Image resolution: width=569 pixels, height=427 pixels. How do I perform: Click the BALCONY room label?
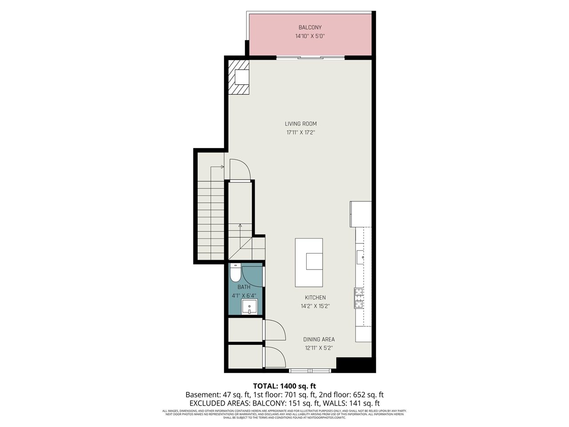point(310,28)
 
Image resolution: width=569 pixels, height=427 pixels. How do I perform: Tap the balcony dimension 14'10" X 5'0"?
point(310,36)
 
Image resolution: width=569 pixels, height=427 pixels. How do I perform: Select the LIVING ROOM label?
point(301,124)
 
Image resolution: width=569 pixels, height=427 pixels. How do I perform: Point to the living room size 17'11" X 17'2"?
point(301,133)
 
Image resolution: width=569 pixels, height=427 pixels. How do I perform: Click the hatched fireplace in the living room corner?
point(239,77)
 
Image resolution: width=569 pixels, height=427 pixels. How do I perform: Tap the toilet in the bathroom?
point(235,273)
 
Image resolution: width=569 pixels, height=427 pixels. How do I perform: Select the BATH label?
point(244,287)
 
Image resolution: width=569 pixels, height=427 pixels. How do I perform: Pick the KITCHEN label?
point(315,298)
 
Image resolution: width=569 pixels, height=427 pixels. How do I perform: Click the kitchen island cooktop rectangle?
point(314,261)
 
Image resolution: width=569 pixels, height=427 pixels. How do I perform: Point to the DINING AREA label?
point(319,339)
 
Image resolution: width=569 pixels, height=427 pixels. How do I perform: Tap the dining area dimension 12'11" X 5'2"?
point(319,348)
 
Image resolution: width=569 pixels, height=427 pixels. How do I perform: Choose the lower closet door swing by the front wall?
point(275,357)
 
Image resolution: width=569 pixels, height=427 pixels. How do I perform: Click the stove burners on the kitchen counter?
point(358,298)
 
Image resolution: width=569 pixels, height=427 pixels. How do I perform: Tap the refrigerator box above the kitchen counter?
point(361,214)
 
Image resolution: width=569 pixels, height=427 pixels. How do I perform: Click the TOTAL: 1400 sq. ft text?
point(284,386)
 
